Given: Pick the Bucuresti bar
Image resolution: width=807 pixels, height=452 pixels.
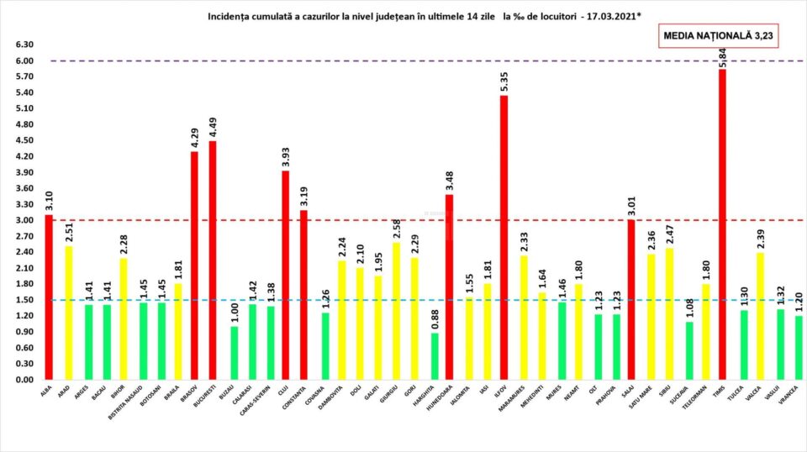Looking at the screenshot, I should point(213,260).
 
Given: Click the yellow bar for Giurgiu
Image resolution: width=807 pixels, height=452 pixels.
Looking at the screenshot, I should point(395,311).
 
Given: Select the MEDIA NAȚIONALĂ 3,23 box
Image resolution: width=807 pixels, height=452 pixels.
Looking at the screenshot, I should point(720,36).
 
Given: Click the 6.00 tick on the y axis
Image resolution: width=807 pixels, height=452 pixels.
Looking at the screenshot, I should point(24,61).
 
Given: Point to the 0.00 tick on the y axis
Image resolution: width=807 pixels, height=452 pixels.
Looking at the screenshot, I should point(24,380).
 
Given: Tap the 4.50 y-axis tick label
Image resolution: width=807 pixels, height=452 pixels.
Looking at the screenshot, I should point(24,141).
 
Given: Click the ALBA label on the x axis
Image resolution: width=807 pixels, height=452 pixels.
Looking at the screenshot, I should point(46,393).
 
